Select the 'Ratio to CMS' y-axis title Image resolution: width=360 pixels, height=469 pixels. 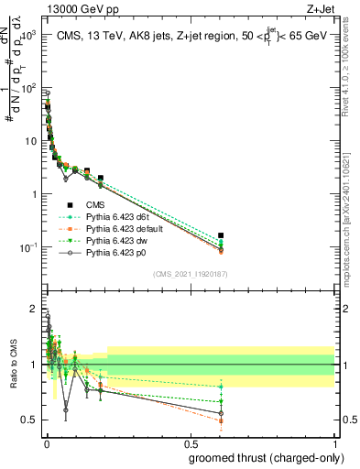(x=13, y=380)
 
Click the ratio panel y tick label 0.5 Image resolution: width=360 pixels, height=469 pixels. (x=29, y=420)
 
